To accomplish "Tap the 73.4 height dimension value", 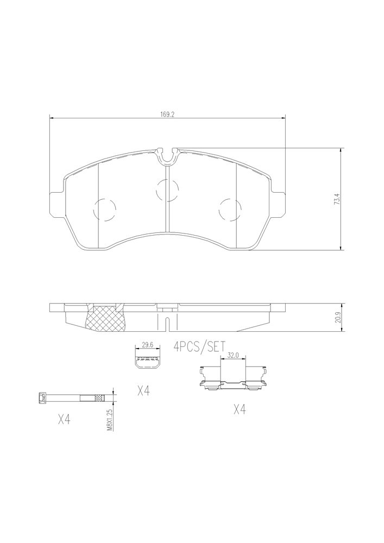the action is (336, 200).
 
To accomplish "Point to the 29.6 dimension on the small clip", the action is (148, 345).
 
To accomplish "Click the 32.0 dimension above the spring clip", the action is (232, 355).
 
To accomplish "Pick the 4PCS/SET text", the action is (199, 346).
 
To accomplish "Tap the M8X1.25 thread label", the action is (110, 419).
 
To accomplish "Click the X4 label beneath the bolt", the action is (64, 420).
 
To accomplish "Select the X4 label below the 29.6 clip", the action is (143, 391).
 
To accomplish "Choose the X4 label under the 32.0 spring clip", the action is (240, 409).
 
